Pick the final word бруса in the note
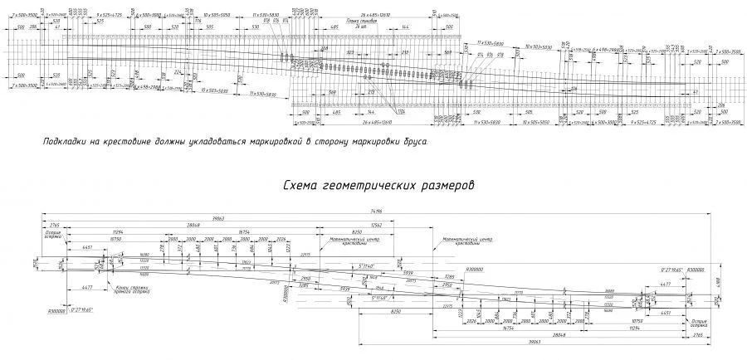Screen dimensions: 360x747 [x=414, y=142]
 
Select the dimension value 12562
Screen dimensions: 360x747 [x=376, y=224]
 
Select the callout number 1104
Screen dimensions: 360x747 [x=400, y=111]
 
